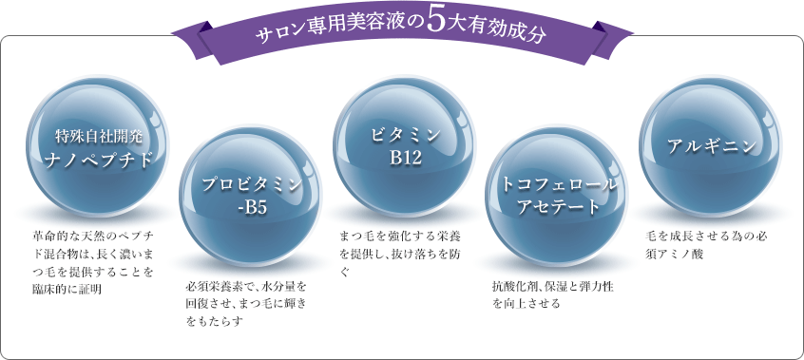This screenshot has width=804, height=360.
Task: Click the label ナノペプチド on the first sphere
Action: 98,158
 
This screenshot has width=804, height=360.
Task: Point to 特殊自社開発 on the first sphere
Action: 98,134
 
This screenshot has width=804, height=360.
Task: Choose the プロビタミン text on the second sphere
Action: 251,183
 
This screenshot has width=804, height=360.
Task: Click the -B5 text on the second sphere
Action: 251,207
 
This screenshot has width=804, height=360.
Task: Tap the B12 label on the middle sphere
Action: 405,158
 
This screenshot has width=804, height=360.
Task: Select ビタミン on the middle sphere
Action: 405,134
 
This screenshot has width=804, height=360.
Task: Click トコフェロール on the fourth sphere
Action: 559,183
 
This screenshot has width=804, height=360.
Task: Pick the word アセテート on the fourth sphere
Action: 559,207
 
